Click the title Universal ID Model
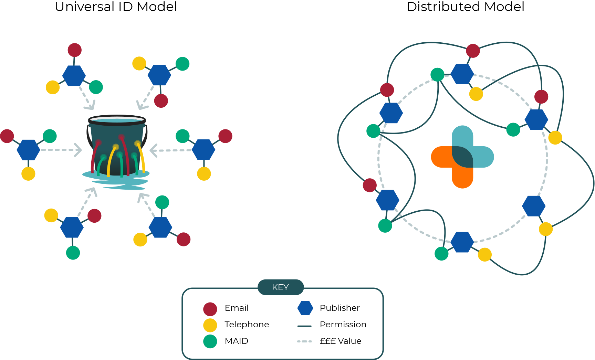[x=116, y=7]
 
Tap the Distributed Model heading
[x=466, y=7]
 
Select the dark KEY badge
[x=281, y=287]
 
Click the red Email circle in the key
[x=210, y=309]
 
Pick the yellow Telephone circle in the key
[x=210, y=325]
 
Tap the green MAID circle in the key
[x=210, y=341]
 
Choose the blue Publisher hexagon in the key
[x=305, y=308]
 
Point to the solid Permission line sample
[x=304, y=326]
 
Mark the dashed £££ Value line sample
[x=304, y=342]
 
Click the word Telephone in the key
[x=247, y=325]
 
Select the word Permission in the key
[x=343, y=325]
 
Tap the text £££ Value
[x=341, y=341]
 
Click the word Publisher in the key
[x=340, y=308]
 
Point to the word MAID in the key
[x=237, y=341]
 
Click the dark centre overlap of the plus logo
[x=462, y=157]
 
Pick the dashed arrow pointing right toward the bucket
[x=61, y=150]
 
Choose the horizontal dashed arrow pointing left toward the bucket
[x=171, y=150]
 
